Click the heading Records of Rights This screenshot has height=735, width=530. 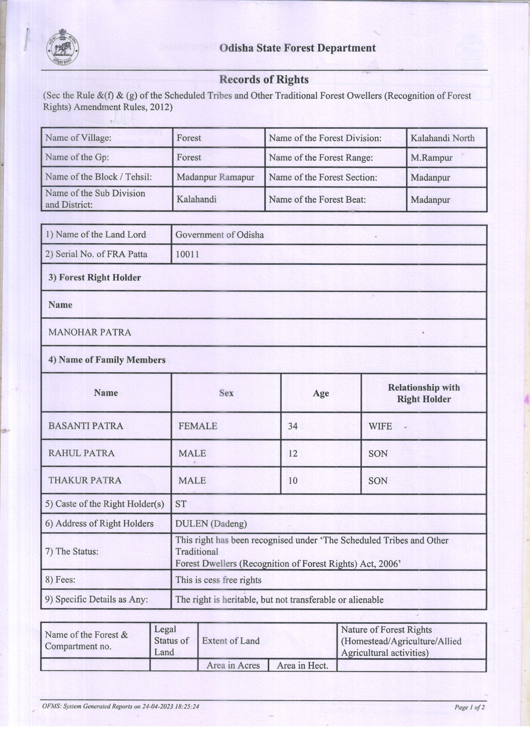264,79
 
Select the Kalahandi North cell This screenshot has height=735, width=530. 443,138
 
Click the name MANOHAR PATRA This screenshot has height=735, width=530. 90,332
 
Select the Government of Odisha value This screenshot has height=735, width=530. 220,235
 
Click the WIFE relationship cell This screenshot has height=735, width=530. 380,426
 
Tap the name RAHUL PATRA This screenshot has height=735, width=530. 81,453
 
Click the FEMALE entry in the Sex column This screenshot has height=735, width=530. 198,426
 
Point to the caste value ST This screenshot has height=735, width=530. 181,504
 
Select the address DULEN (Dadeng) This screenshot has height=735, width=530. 211,524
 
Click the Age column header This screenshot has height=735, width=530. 321,393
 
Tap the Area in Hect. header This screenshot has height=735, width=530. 303,666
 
